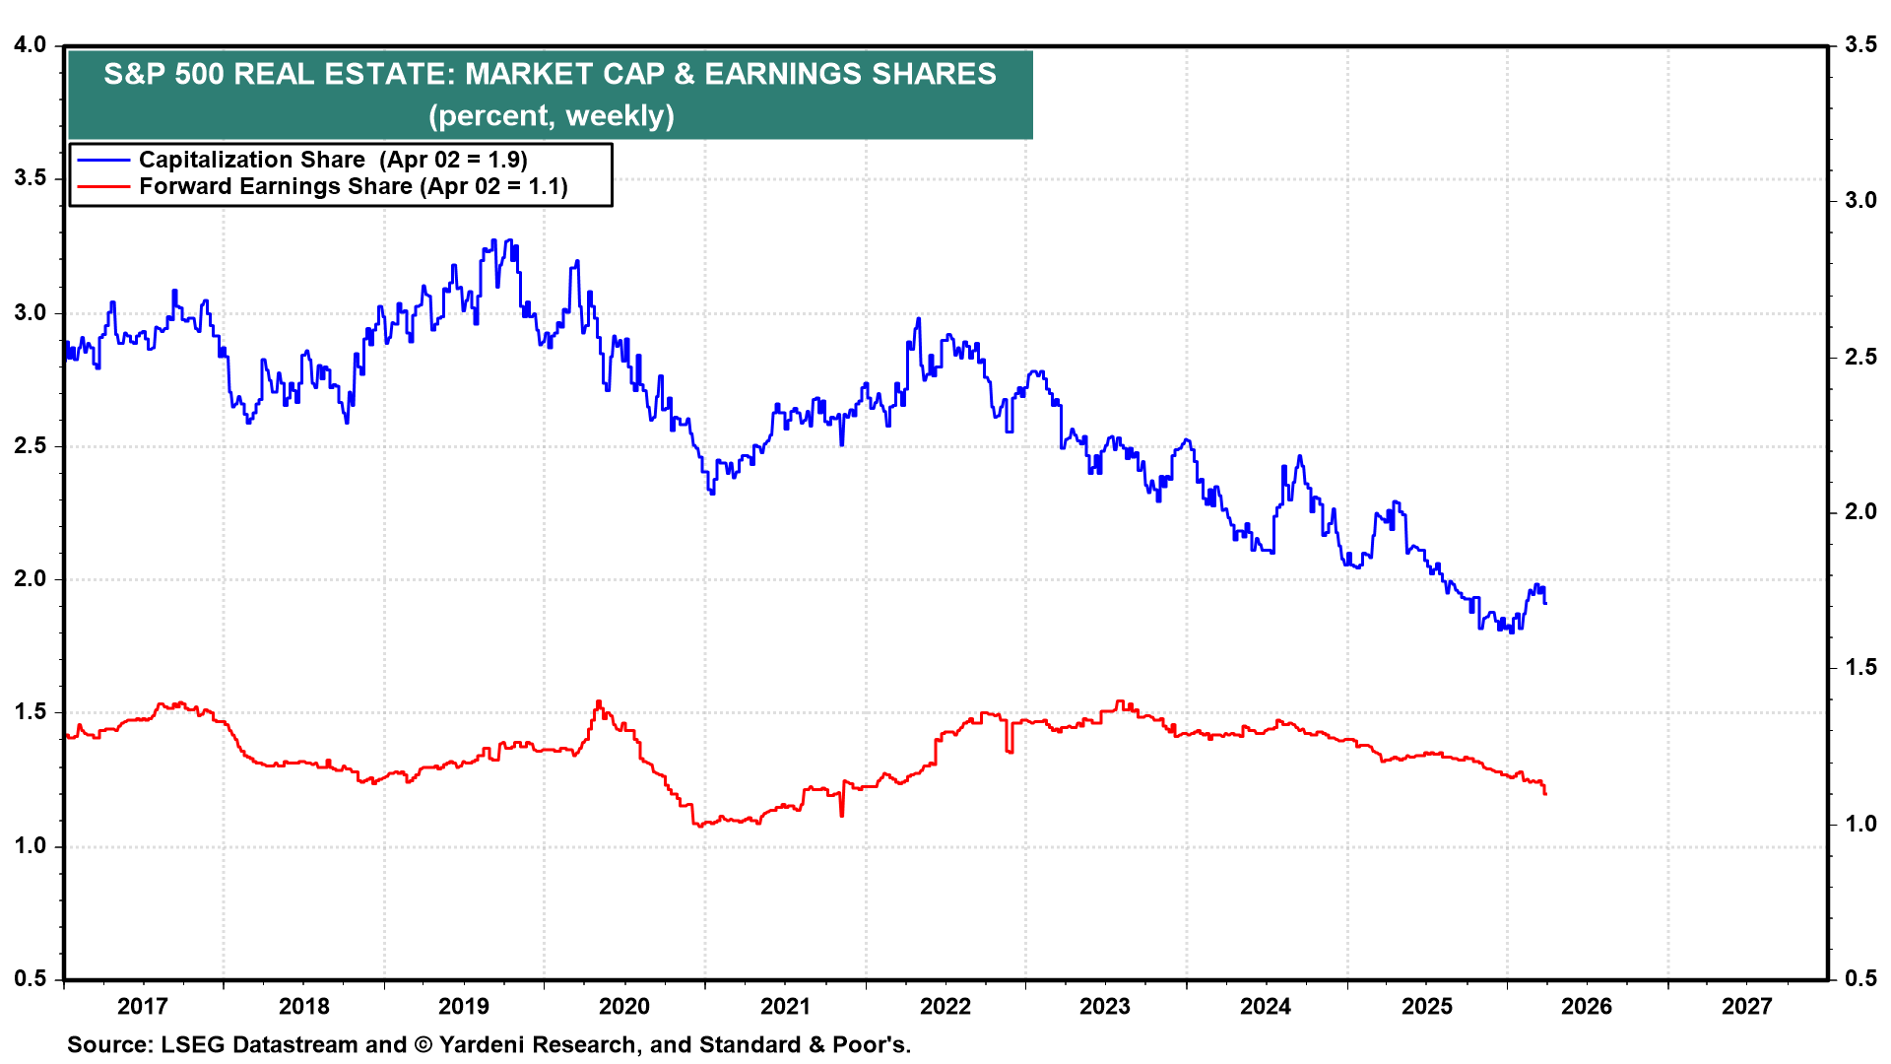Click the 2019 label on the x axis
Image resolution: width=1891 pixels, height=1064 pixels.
pos(463,1006)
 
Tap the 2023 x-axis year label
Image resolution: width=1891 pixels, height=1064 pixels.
pos(1104,1006)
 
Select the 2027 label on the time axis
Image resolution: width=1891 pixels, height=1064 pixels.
pos(1746,1006)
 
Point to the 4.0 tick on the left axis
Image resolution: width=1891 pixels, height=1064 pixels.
pos(31,45)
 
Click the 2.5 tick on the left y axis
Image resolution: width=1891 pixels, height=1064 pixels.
pos(31,445)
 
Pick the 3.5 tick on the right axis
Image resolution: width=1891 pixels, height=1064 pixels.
pos(1859,45)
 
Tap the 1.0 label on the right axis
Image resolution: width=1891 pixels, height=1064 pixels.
pos(1859,824)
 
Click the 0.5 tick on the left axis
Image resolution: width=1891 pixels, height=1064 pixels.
pos(31,978)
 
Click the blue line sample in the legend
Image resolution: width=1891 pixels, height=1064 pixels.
pos(103,160)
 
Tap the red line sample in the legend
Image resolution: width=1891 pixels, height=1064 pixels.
pos(103,187)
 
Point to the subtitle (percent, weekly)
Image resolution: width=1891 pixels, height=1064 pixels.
pos(551,116)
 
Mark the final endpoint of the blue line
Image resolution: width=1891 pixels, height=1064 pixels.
pos(1545,603)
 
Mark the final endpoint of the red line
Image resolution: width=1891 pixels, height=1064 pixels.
pos(1545,793)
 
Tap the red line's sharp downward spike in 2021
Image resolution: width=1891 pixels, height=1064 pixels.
pos(842,815)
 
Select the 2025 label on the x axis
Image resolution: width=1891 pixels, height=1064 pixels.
pos(1426,1006)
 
